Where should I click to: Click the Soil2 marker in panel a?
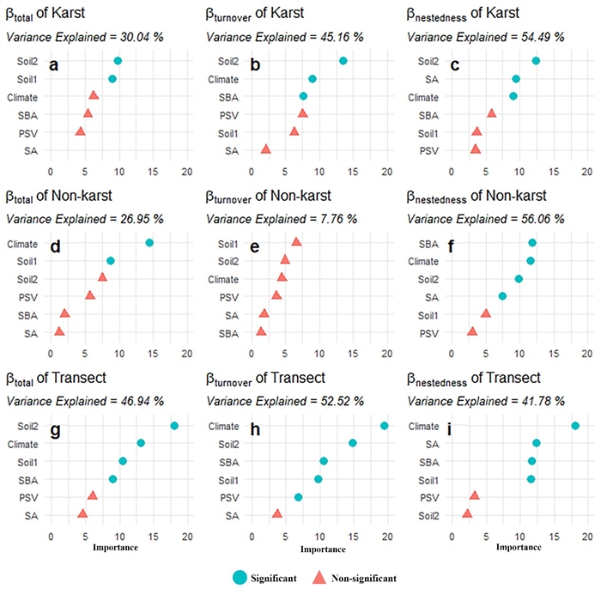pyautogui.click(x=118, y=61)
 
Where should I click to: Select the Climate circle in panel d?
pyautogui.click(x=149, y=243)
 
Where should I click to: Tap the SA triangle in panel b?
pyautogui.click(x=265, y=149)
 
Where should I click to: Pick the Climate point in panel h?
pyautogui.click(x=384, y=426)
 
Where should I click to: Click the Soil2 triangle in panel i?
pyautogui.click(x=467, y=513)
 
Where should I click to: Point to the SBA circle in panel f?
pyautogui.click(x=532, y=243)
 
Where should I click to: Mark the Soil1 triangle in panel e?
pyautogui.click(x=296, y=242)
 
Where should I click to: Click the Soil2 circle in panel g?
pyautogui.click(x=174, y=426)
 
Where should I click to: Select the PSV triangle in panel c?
pyautogui.click(x=476, y=149)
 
